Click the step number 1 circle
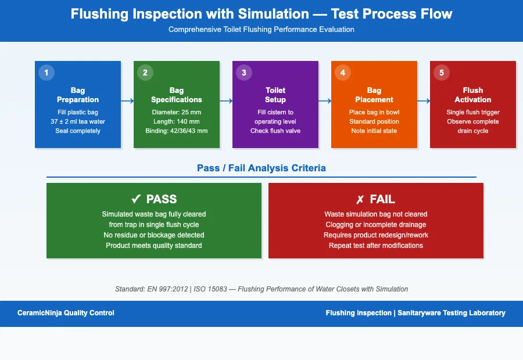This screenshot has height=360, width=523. tap(46, 73)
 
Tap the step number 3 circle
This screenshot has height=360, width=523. tap(243, 73)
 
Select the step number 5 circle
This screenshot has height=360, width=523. tap(441, 73)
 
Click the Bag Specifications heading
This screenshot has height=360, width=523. tap(177, 95)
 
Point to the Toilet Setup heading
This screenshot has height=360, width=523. tap(275, 95)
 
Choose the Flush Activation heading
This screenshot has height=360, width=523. tap(473, 95)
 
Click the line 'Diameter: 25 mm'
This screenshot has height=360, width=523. tap(177, 112)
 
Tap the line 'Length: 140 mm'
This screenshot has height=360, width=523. tap(177, 121)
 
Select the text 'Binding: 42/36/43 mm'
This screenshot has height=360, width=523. tap(177, 131)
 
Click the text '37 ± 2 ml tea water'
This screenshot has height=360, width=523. tap(78, 121)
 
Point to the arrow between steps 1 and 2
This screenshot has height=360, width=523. tap(127, 100)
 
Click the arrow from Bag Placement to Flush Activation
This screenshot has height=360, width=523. tap(424, 100)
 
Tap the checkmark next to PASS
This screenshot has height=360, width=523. tap(136, 199)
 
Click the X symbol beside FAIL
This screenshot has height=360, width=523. tap(360, 199)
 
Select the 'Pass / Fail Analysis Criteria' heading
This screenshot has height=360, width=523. tap(261, 168)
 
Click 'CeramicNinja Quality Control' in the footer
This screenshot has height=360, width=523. tap(66, 313)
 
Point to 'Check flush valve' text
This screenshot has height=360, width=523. tap(275, 131)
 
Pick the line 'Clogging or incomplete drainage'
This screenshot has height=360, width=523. tap(375, 225)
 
